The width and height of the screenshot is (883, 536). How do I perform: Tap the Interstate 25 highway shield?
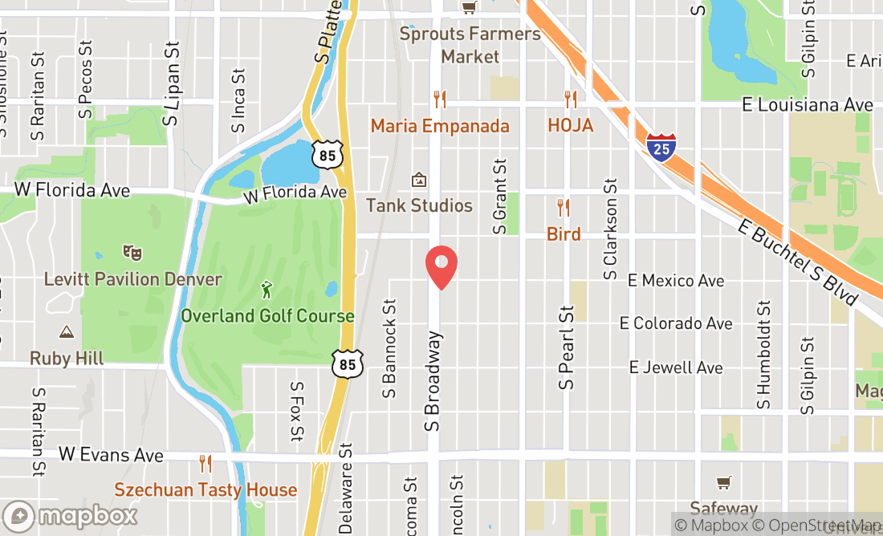click(661, 148)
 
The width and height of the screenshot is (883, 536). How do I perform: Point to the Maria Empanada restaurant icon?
click(439, 99)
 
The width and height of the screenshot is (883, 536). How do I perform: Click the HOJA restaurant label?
click(571, 126)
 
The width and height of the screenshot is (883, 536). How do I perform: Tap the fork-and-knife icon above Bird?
click(564, 209)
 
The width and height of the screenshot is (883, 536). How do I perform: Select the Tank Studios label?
click(419, 206)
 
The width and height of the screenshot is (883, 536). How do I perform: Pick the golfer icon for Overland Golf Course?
click(267, 289)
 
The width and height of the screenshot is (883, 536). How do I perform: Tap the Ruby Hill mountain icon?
click(67, 331)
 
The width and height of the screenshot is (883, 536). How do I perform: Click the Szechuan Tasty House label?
click(205, 489)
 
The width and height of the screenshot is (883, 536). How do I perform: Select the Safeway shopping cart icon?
click(724, 482)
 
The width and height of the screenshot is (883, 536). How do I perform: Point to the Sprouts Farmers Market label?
click(470, 45)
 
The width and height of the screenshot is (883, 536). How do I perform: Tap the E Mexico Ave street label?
click(676, 281)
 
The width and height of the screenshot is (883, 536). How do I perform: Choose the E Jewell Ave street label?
click(676, 367)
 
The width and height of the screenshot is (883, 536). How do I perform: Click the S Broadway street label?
click(433, 382)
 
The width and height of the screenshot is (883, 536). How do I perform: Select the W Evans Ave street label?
click(111, 456)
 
